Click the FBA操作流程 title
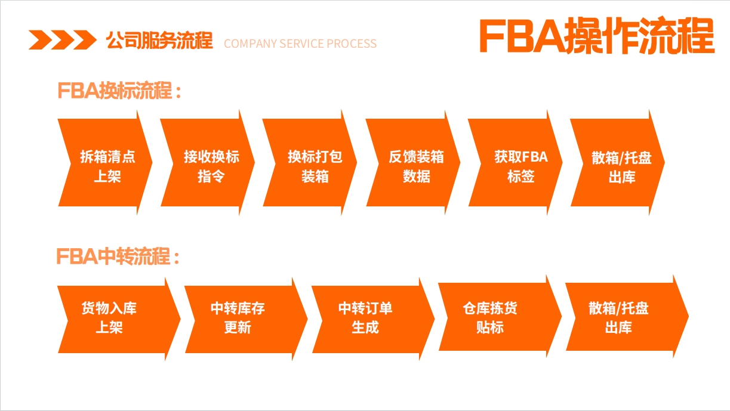pos(597,35)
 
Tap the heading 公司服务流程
pos(159,41)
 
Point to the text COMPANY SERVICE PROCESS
pos(300,44)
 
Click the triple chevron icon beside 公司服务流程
pos(63,40)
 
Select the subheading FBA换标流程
pos(119,90)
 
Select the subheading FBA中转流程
pos(118,256)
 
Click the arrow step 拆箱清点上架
pos(105,162)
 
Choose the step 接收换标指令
pos(208,162)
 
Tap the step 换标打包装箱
pos(310,162)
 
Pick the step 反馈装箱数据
pos(413,162)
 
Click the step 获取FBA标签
pos(515,162)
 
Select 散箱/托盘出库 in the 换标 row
pos(618,162)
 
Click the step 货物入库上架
pos(119,319)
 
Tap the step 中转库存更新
pos(246,319)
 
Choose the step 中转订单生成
pos(373,319)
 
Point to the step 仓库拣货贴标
pos(500,317)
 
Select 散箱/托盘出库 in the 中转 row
pos(627,317)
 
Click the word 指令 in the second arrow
pos(211,177)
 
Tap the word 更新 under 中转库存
pos(238,327)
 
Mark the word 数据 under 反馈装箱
pos(417,177)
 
